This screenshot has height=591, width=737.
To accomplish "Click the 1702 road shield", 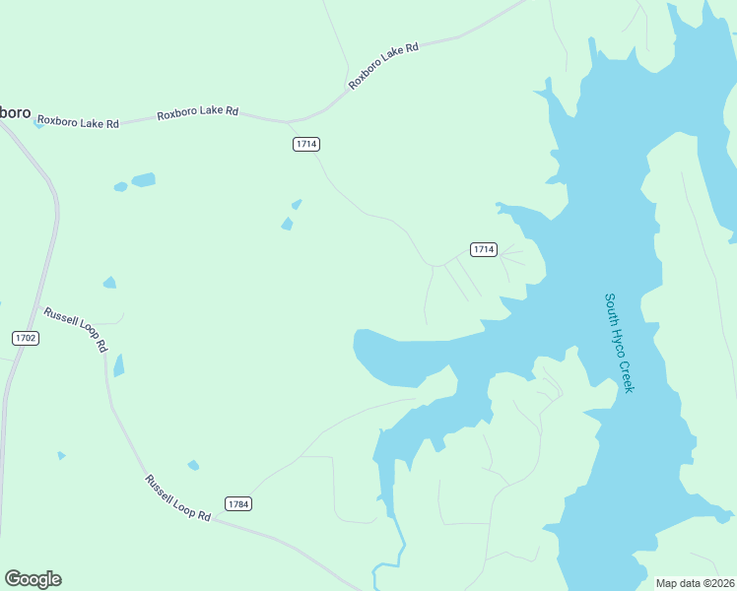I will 26,338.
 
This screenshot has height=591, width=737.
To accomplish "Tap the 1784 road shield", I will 238,503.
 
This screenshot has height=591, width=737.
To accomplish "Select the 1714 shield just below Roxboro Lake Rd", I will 306,144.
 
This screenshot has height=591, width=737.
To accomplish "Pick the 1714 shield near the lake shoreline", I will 482,249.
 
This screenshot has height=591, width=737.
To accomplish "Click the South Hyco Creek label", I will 619,343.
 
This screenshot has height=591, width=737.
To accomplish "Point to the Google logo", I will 33,579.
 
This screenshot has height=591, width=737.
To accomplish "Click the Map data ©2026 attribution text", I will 696,582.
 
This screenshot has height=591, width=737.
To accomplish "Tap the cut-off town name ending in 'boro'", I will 15,112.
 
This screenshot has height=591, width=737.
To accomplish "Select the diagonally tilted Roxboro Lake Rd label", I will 383,66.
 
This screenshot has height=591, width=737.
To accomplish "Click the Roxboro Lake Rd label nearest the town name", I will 77,123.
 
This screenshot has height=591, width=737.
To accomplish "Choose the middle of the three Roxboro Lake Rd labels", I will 197,112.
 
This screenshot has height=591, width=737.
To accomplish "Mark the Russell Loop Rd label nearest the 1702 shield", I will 75,330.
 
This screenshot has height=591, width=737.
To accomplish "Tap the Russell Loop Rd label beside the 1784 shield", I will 178,498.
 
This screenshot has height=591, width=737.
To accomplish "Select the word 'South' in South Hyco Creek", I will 611,309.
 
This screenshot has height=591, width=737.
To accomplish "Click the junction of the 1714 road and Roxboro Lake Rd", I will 289,122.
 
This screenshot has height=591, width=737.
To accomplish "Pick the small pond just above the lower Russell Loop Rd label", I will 193,465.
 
